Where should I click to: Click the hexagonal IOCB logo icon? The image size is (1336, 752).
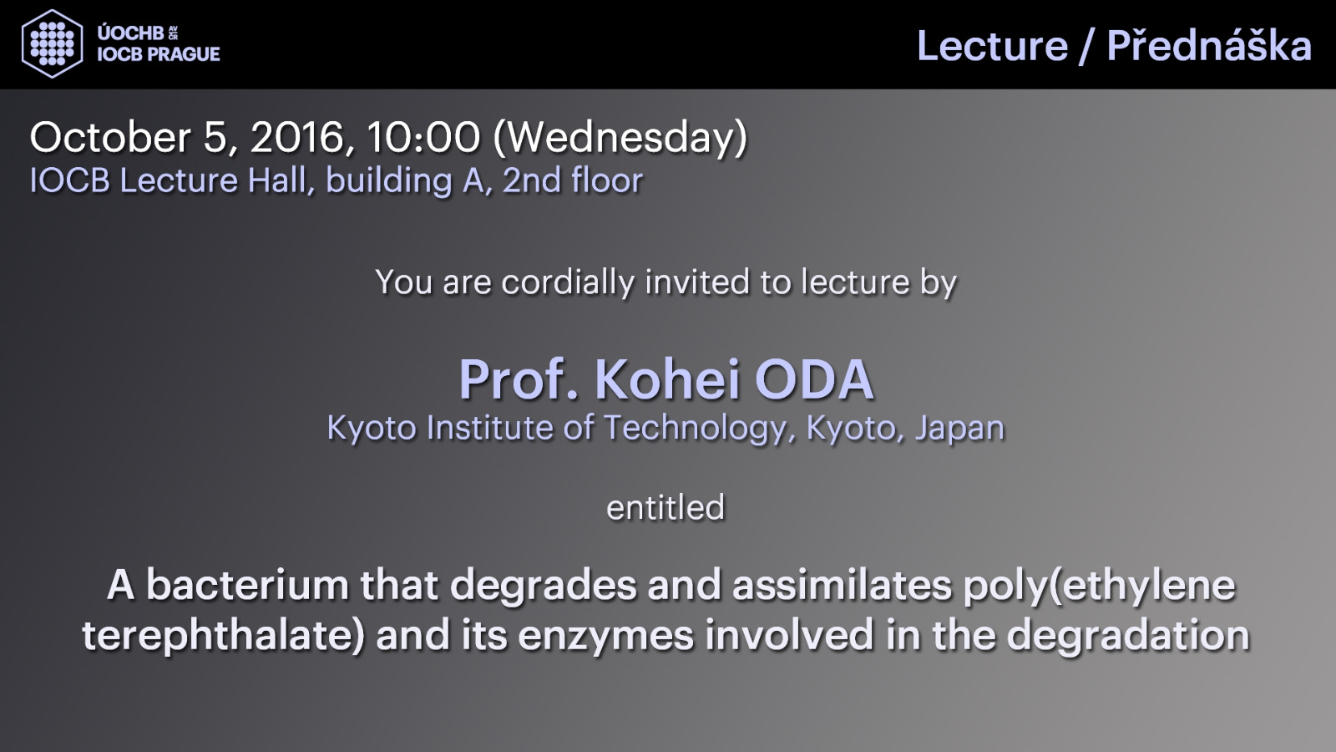coord(52,43)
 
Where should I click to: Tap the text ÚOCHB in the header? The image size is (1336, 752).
coord(130,33)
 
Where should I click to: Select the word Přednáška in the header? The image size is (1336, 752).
coord(1209,45)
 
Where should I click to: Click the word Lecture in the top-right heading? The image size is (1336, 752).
coord(993,46)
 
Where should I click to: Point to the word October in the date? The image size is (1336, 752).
coord(110,137)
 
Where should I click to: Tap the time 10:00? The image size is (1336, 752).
coord(423,137)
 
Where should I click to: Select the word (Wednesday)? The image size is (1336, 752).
coord(620,139)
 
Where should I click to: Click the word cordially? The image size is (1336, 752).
coord(568,282)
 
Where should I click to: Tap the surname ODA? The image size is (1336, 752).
coord(815,379)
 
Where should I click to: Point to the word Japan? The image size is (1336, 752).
coord(959,429)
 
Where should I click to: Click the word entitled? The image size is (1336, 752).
coord(665,507)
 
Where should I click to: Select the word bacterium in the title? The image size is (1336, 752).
coord(247,585)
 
